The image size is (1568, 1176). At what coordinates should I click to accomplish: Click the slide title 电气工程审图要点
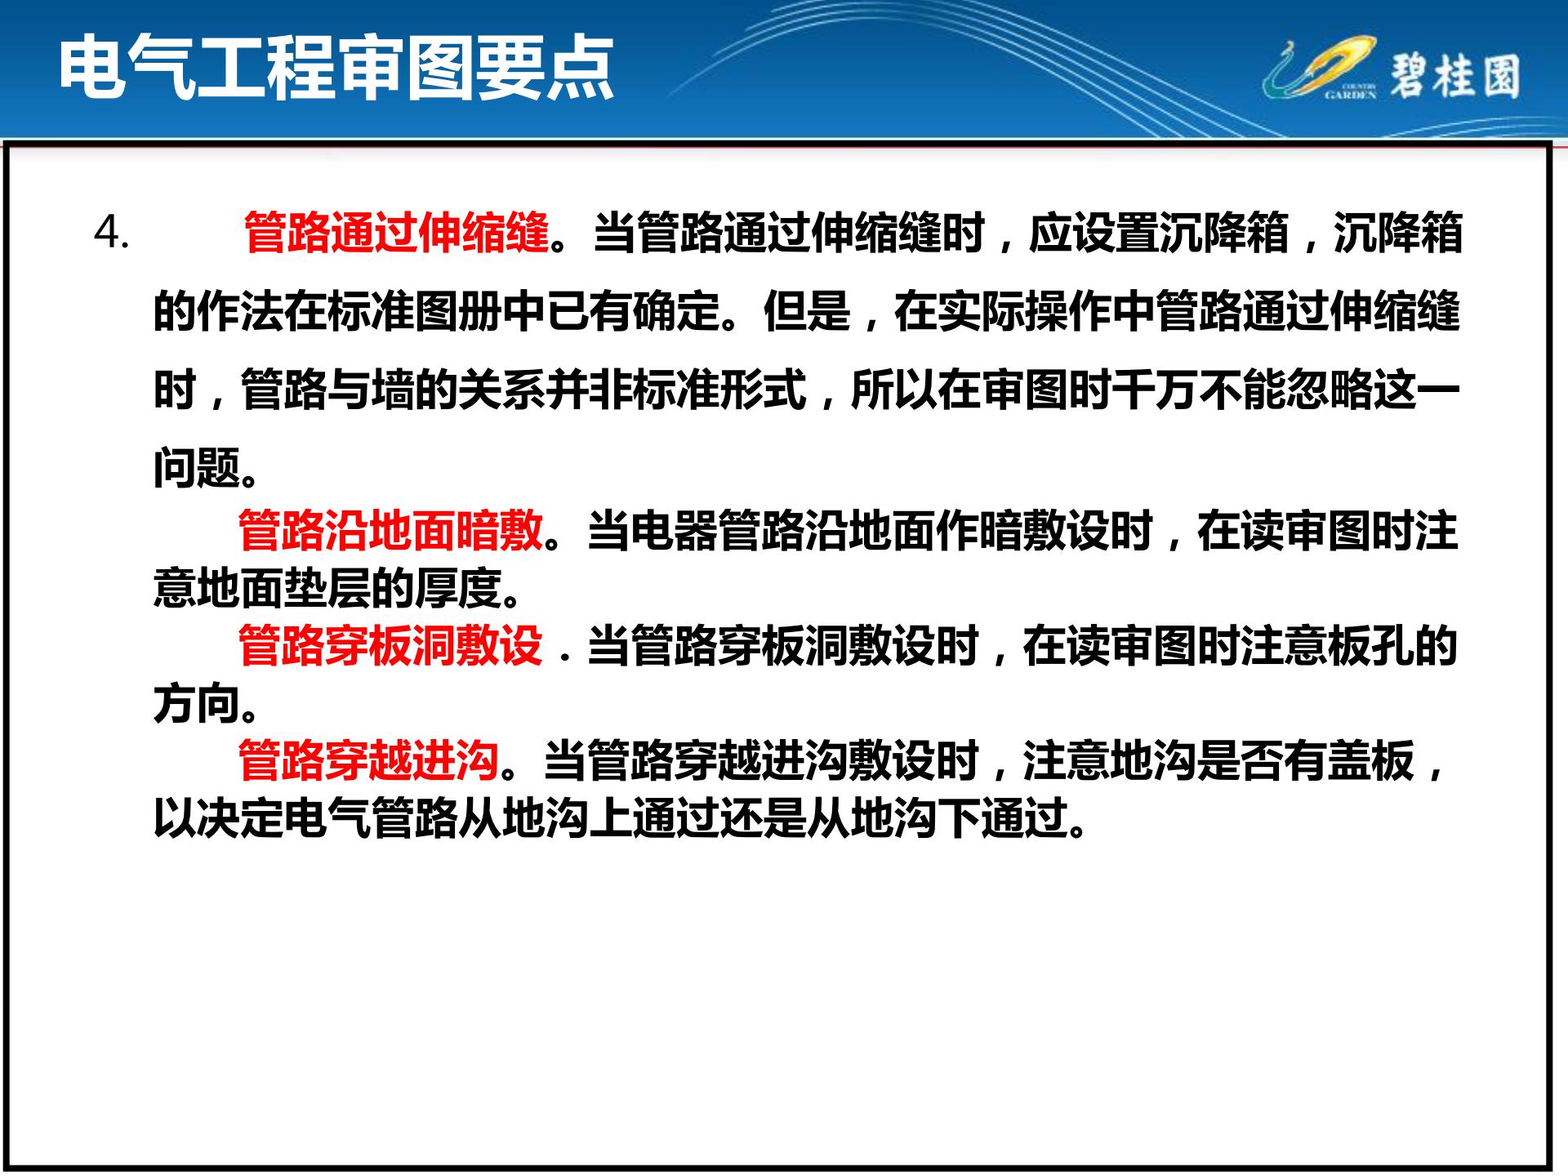[336, 69]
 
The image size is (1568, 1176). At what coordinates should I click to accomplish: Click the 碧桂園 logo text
[1454, 78]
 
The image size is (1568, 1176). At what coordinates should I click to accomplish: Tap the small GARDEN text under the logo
[1349, 95]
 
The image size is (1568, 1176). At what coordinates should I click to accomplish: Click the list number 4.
[112, 234]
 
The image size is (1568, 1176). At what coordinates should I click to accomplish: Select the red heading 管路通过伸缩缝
[396, 234]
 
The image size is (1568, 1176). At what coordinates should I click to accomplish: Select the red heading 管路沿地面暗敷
[390, 530]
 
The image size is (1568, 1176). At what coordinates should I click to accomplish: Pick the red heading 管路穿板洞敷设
[390, 645]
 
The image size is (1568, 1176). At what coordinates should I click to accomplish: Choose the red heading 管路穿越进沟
[368, 760]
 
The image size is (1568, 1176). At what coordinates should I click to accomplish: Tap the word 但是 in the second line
[807, 311]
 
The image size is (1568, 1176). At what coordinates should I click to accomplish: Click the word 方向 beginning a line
[198, 703]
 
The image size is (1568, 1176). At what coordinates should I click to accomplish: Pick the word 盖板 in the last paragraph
[1370, 760]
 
